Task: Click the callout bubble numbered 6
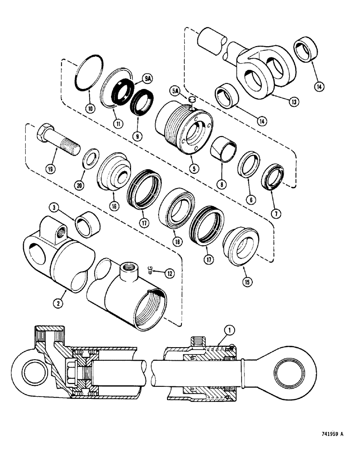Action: coord(251,199)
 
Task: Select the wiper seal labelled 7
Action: coord(273,178)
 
